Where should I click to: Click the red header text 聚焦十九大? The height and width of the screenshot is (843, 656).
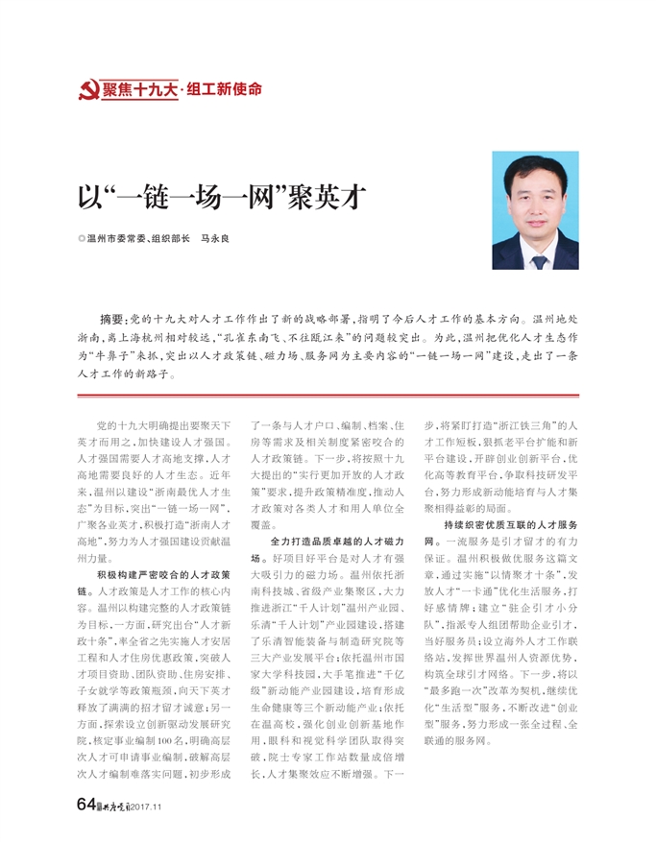(x=140, y=91)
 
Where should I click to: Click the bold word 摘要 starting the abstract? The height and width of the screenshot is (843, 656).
(x=112, y=318)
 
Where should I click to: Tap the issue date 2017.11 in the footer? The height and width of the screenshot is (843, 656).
(x=149, y=806)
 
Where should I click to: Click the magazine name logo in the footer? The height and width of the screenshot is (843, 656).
(x=114, y=805)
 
